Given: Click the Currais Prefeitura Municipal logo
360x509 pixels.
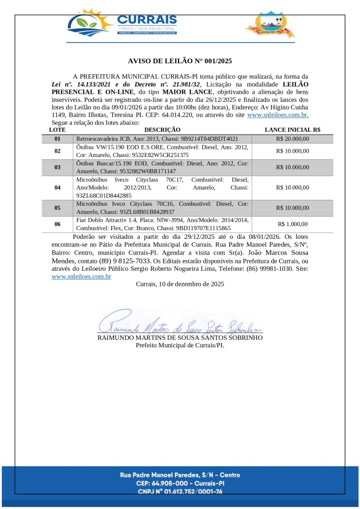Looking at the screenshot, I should click(122, 24).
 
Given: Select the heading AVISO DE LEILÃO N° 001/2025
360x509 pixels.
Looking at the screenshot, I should click(180, 61).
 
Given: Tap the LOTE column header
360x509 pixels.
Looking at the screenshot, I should click(57, 130).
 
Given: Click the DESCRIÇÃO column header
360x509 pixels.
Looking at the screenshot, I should click(162, 130).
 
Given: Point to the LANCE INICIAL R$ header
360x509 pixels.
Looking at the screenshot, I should click(292, 130).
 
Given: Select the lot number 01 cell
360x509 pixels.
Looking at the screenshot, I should click(57, 139).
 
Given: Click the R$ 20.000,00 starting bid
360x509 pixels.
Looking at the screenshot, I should click(292, 139).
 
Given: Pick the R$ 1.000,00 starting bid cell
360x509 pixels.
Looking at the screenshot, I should click(292, 224).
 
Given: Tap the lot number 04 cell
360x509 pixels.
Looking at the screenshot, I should click(57, 187).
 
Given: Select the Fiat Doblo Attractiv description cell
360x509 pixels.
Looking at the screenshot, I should click(162, 224).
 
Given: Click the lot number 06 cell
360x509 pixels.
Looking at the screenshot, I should click(57, 224).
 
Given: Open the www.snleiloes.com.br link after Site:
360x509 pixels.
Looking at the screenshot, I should click(81, 277).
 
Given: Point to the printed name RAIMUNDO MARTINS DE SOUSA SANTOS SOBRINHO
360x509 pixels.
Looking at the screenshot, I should click(180, 338).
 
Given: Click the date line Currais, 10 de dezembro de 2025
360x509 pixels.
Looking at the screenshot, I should click(180, 284).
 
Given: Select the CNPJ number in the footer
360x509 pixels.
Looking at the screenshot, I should click(180, 492).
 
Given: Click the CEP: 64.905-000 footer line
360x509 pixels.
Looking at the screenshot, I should click(180, 483).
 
